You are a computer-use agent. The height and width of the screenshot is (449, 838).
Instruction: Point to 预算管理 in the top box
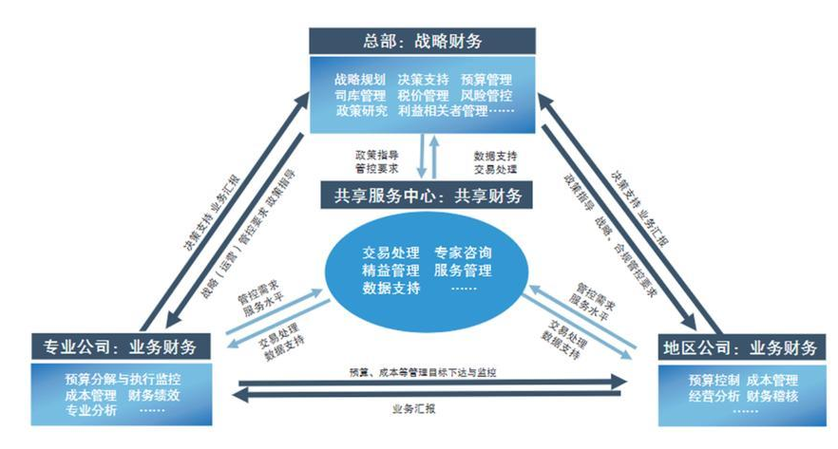(x=486, y=80)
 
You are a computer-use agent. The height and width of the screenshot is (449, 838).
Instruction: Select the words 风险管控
(x=486, y=96)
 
